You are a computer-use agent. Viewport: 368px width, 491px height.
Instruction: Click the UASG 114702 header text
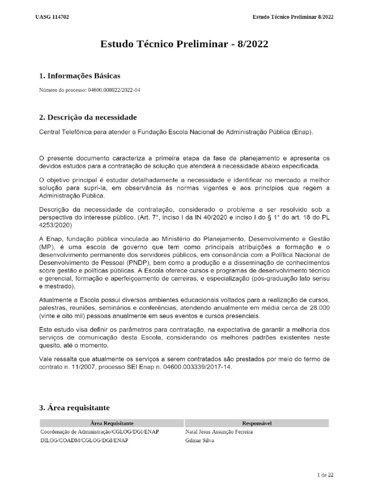click(52, 17)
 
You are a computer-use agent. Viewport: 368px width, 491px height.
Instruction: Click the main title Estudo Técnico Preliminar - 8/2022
click(184, 44)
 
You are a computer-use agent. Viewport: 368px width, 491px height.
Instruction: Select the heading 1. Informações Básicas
click(80, 76)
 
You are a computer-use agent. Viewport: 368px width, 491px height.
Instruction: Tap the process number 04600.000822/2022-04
click(114, 90)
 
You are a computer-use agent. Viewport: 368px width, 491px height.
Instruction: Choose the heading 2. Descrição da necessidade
click(88, 117)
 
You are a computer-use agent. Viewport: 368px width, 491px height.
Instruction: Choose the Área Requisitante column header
click(112, 423)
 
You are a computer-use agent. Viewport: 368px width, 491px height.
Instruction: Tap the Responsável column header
click(257, 423)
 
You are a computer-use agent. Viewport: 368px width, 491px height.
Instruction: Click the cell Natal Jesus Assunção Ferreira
click(219, 432)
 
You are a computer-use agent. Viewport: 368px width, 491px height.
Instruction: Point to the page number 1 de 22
click(325, 475)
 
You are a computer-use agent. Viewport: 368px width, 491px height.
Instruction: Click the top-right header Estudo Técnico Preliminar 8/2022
click(293, 17)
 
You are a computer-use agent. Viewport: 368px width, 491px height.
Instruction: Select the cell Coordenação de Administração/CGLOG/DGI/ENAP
click(100, 432)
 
